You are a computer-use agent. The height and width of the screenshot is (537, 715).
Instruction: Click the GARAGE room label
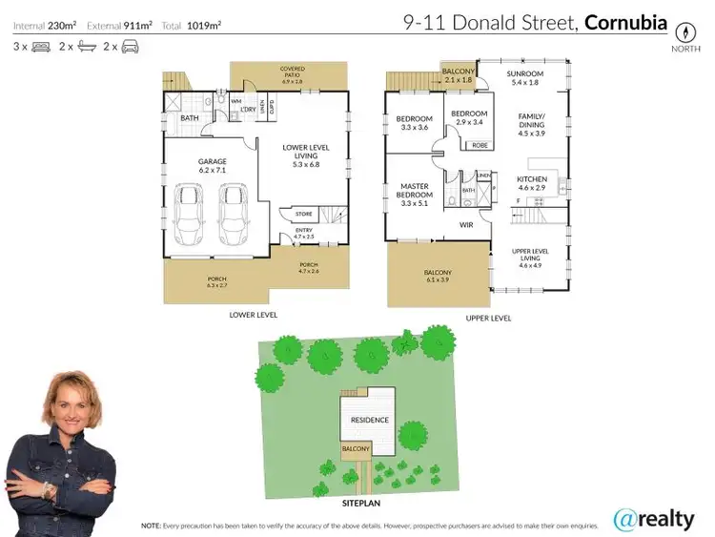[211, 162]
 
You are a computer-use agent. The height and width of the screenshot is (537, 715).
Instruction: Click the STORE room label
[304, 215]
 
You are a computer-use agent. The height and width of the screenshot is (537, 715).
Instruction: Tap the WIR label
[466, 225]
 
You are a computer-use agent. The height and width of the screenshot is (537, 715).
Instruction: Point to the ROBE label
[479, 146]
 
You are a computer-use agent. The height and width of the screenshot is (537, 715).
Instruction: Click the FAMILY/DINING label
[530, 123]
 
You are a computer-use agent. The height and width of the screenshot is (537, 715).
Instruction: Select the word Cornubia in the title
[625, 21]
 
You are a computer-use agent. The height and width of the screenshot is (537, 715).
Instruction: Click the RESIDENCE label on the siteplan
[369, 420]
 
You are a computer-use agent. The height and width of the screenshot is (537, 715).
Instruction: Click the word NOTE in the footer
[151, 526]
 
